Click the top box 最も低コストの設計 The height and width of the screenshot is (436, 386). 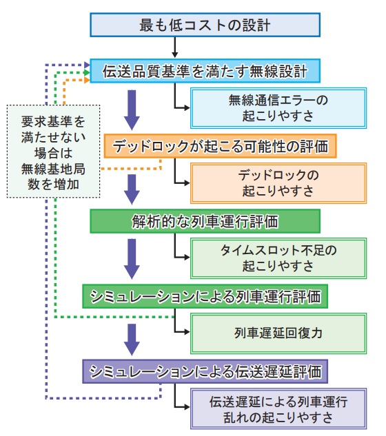[205, 25]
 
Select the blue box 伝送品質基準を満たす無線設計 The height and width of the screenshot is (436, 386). [205, 71]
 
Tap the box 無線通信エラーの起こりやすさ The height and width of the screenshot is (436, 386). [278, 108]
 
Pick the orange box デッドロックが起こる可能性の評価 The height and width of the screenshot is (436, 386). [220, 146]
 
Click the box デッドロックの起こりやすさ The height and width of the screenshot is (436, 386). [278, 183]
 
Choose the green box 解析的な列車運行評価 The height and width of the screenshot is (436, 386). [205, 221]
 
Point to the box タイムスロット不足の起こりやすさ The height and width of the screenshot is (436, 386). [278, 258]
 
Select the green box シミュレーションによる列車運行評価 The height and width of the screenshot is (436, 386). [205, 296]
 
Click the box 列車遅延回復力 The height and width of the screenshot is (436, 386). [278, 333]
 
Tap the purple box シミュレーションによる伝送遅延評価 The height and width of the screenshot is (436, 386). [205, 371]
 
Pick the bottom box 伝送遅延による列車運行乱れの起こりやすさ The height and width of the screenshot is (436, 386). [278, 408]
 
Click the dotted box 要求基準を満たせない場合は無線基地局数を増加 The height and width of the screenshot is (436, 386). [53, 152]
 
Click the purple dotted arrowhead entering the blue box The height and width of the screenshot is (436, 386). [87, 65]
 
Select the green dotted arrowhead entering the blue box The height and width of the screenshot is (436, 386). [87, 72]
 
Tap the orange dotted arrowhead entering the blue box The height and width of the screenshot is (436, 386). [87, 80]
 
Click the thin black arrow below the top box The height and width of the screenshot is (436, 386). [175, 48]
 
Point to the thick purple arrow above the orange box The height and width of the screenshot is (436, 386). [132, 110]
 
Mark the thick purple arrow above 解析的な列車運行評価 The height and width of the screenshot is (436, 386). [132, 189]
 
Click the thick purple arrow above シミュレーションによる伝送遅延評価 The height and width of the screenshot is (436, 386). [132, 340]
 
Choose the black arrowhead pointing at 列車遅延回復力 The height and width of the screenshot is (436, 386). [187, 332]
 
